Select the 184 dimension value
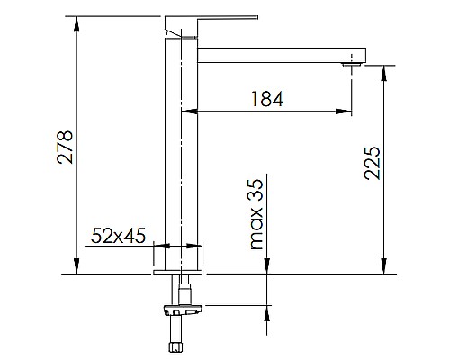pyautogui.click(x=265, y=99)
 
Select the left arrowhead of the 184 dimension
pyautogui.click(x=187, y=112)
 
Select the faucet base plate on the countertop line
pyautogui.click(x=179, y=269)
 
